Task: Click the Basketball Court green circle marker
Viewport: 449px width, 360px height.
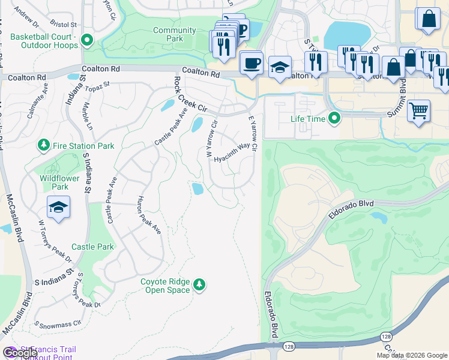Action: tap(87, 41)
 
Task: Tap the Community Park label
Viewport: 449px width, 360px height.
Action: tap(174, 34)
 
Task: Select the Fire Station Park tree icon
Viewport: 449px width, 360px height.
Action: tap(43, 145)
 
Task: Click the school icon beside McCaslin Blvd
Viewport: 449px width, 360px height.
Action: tap(58, 208)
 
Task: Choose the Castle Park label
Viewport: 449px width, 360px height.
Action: tap(92, 247)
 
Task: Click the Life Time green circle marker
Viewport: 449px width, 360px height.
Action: tap(335, 118)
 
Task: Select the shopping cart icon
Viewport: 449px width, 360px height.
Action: tap(418, 111)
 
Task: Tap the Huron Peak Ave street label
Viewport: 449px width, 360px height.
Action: tap(149, 214)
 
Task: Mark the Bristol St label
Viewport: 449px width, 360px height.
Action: tap(64, 25)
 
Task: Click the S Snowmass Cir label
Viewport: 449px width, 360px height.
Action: tap(58, 324)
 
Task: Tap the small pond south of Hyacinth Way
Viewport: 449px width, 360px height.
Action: tap(197, 189)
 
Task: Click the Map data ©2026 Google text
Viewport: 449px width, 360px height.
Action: tap(411, 355)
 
